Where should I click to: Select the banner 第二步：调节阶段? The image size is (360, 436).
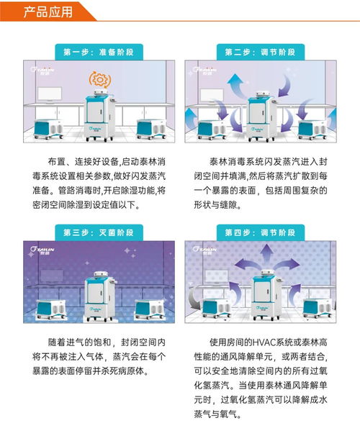255,52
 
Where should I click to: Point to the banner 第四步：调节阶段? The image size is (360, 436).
255,232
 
